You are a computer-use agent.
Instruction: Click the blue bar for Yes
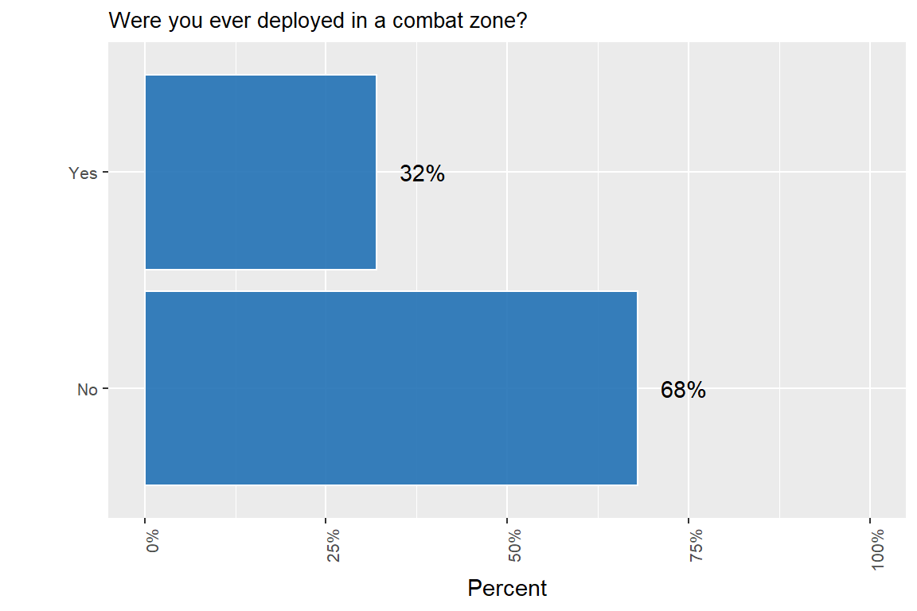coord(260,172)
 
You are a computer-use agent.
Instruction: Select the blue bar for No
coord(391,388)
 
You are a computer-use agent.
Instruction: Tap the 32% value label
coord(422,173)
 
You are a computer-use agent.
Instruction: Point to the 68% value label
coord(683,390)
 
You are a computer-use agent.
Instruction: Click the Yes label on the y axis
coord(83,173)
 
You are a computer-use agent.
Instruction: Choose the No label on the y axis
coord(87,390)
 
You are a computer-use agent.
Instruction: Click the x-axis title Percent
coord(507,589)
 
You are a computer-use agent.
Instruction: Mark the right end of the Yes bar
coord(376,172)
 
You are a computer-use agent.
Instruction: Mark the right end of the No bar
coord(637,388)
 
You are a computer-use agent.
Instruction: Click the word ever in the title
coord(220,21)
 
